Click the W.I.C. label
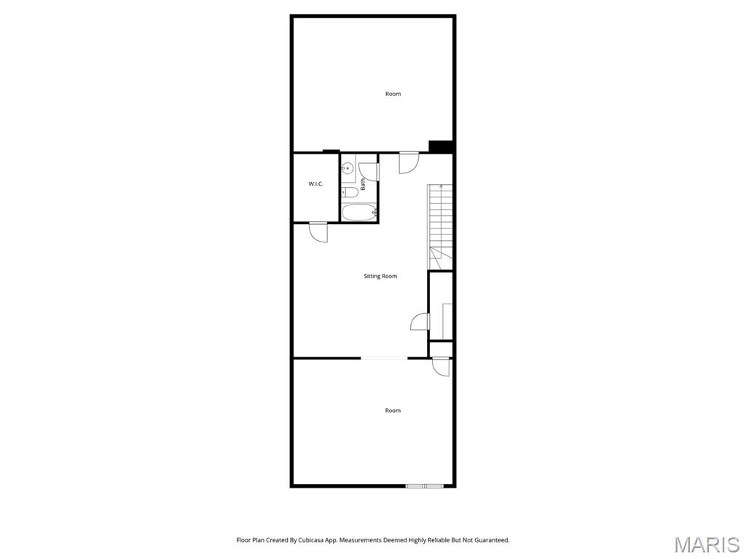point(315,184)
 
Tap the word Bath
point(363,185)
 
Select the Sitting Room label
point(380,277)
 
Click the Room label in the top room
point(393,94)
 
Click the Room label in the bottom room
point(393,411)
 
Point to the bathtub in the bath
point(358,213)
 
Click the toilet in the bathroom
point(350,193)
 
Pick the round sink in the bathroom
point(348,168)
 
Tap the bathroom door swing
point(369,172)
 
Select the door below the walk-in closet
point(318,231)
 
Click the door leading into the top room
point(409,162)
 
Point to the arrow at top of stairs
point(441,188)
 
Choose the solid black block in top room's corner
point(441,146)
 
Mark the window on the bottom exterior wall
point(424,485)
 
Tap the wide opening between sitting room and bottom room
point(384,357)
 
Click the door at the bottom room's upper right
point(440,368)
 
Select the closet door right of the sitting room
point(420,321)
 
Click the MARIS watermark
point(706,544)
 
